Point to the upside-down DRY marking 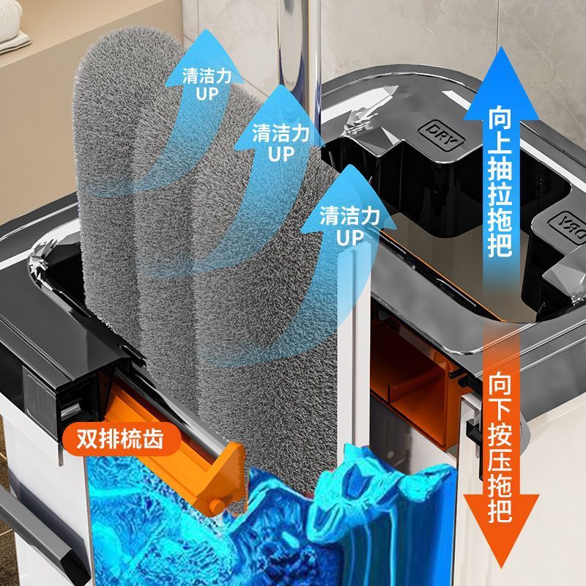tap(565, 223)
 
